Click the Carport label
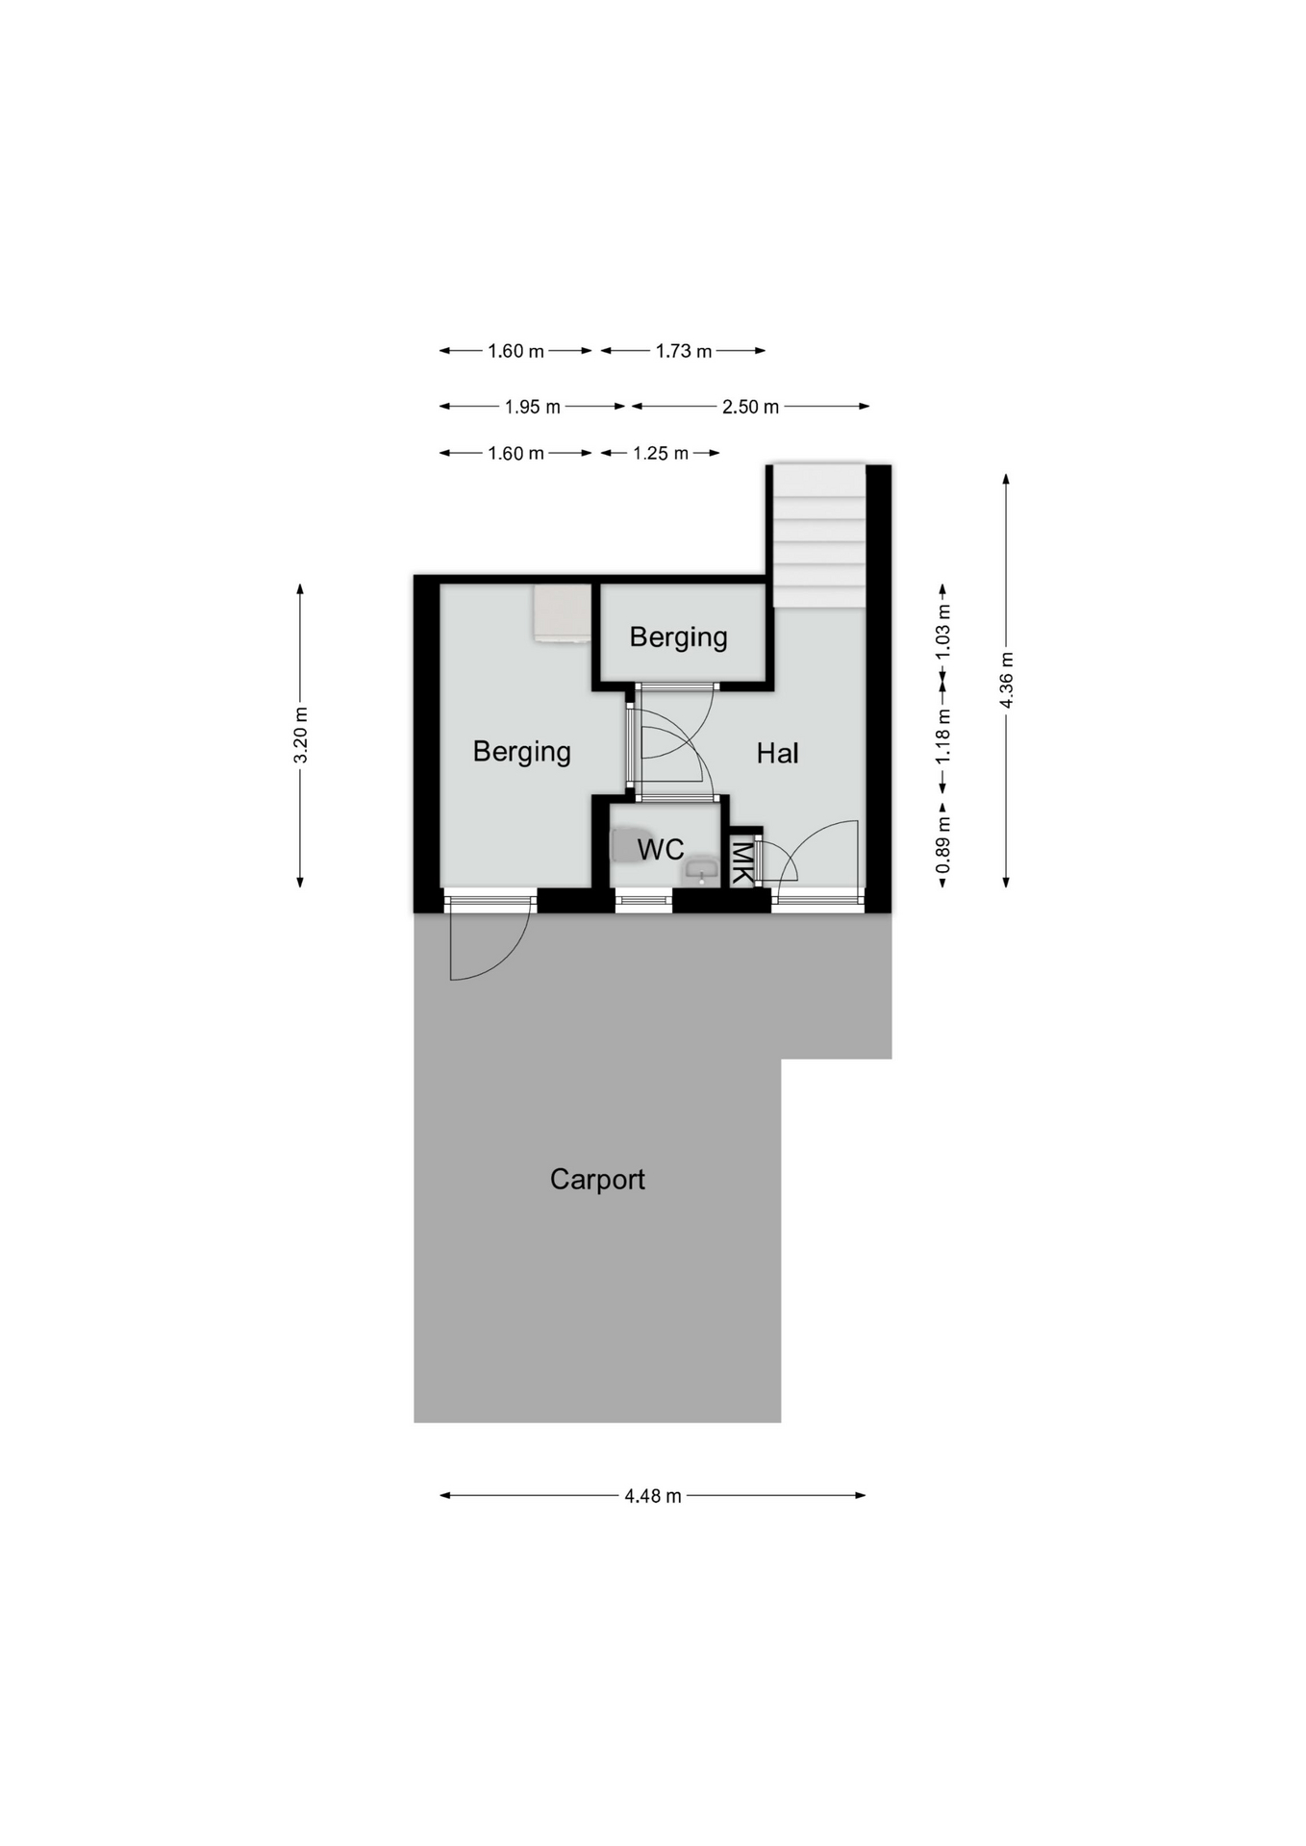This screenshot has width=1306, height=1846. [597, 1180]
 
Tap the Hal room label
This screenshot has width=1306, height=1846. [777, 754]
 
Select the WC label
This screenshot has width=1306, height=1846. [661, 850]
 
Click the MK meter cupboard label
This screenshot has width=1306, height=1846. [741, 861]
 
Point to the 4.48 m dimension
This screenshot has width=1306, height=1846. [653, 1496]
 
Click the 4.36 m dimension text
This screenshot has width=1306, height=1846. [1006, 680]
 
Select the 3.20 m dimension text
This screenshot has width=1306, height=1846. [300, 736]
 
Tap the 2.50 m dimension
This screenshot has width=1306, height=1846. [750, 407]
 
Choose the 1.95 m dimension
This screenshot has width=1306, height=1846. [532, 407]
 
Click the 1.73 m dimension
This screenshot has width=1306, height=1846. [684, 351]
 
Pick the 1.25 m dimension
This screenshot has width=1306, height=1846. [661, 453]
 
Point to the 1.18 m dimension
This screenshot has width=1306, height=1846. [942, 736]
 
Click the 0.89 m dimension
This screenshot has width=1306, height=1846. [942, 845]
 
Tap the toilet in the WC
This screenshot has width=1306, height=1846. [630, 846]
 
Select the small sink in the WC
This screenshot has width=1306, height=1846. [702, 871]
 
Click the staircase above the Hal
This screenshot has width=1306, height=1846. [819, 536]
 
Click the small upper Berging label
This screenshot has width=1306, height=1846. [678, 637]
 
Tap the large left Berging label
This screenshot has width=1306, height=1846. [521, 752]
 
